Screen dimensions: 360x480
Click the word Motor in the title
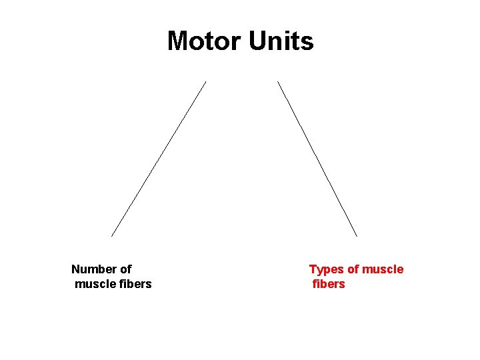pyautogui.click(x=205, y=41)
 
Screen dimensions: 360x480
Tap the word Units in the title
pyautogui.click(x=281, y=41)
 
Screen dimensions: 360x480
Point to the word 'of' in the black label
pyautogui.click(x=125, y=269)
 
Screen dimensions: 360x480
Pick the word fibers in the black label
pyautogui.click(x=135, y=284)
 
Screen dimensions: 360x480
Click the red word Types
pyautogui.click(x=325, y=269)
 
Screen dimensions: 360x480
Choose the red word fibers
pyautogui.click(x=329, y=284)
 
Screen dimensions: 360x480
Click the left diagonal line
pyautogui.click(x=159, y=159)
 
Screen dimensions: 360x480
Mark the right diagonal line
pyautogui.click(x=317, y=159)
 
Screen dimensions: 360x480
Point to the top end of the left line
pyautogui.click(x=205, y=82)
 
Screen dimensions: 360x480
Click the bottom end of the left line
pyautogui.click(x=111, y=236)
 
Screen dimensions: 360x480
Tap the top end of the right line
pyautogui.click(x=278, y=82)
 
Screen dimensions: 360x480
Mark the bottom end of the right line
pyautogui.click(x=357, y=236)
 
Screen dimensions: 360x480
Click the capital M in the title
pyautogui.click(x=177, y=41)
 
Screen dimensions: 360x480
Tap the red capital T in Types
pyautogui.click(x=313, y=269)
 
